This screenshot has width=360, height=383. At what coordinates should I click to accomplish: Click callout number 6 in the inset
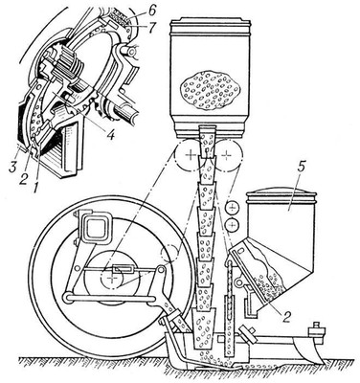click(151, 11)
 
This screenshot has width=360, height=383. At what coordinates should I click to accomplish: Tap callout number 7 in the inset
click(151, 27)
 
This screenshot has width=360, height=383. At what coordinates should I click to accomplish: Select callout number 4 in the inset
click(110, 135)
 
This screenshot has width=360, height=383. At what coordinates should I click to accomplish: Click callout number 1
click(35, 183)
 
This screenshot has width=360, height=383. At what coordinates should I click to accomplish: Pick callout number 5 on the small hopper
click(290, 207)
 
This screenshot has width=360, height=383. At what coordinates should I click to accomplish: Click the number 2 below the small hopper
click(286, 318)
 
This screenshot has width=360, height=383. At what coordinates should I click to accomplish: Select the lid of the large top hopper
click(210, 25)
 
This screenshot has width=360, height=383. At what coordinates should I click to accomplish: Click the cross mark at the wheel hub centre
click(111, 279)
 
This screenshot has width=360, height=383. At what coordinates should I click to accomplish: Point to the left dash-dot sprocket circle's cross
click(191, 155)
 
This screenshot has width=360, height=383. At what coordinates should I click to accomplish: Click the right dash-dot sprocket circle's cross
click(226, 155)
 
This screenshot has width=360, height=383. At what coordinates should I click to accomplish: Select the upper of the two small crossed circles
click(233, 208)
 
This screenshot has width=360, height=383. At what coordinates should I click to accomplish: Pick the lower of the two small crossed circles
click(233, 225)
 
